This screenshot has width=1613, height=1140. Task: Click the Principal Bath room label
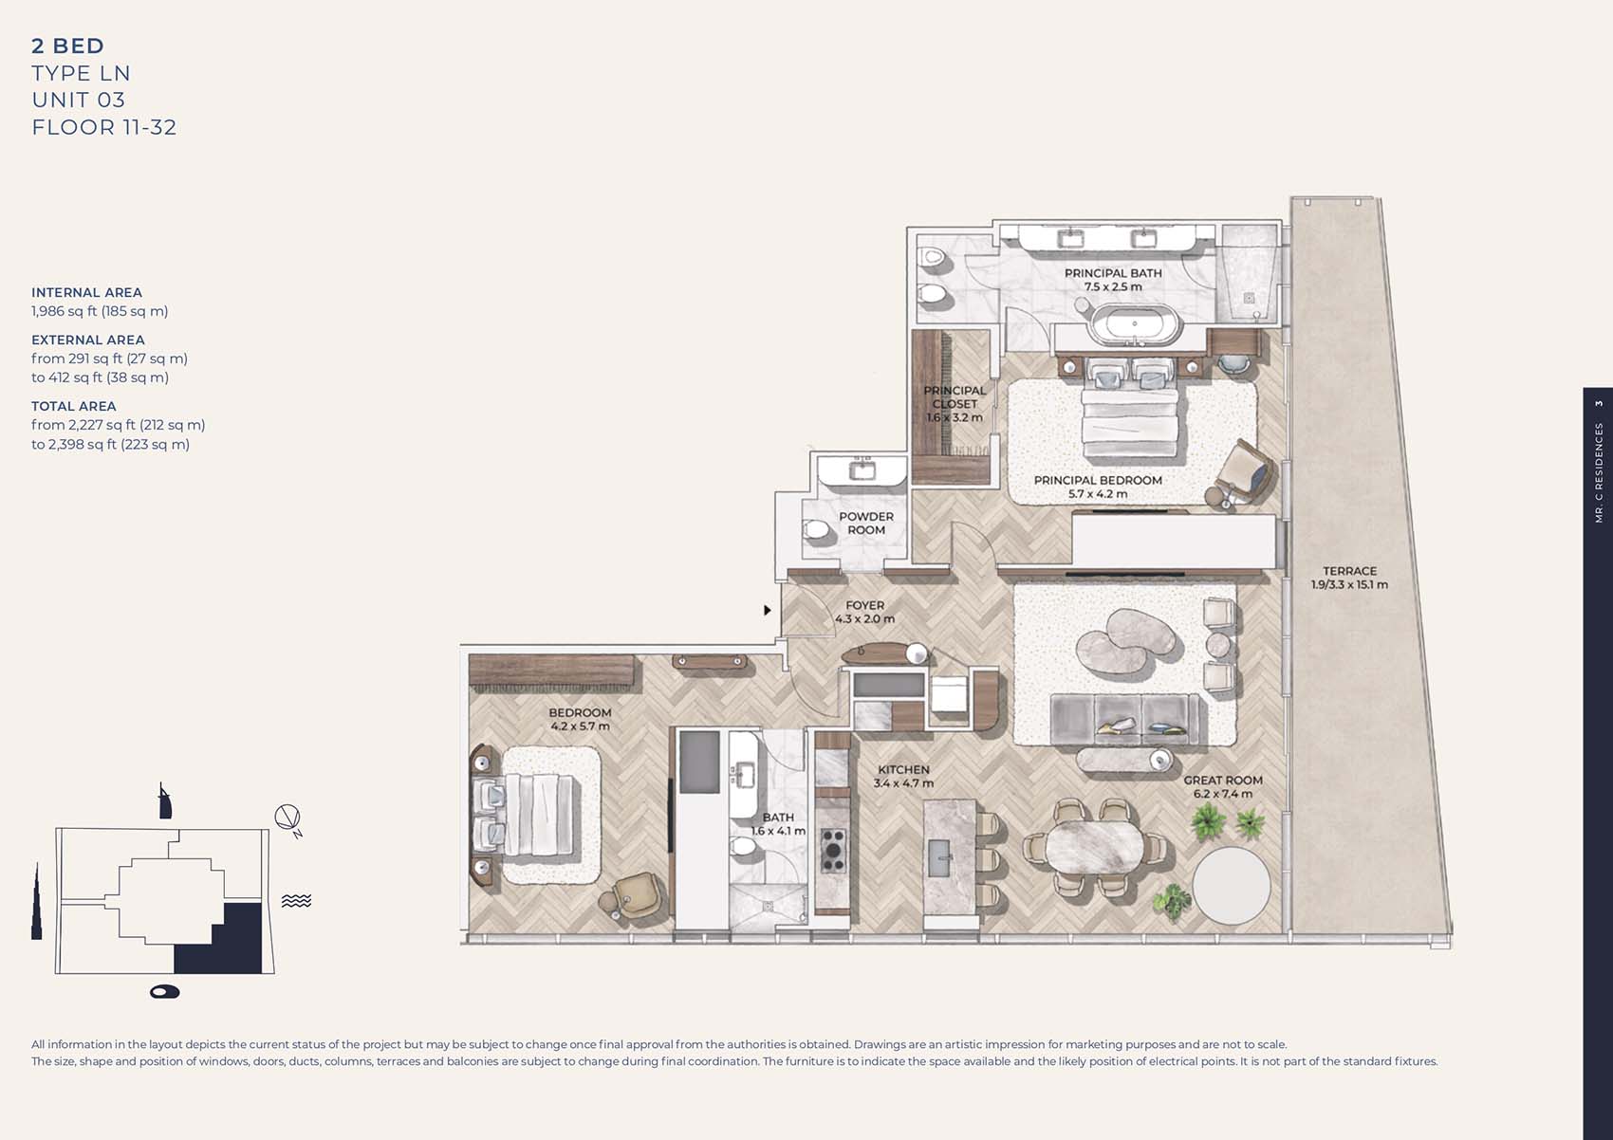coord(1113,273)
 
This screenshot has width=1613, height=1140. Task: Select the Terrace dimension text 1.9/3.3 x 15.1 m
coord(1349,585)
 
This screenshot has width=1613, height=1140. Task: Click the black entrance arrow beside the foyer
coord(768,610)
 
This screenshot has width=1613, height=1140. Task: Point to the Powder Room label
coord(865,524)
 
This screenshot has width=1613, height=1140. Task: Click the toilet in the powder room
coord(817,529)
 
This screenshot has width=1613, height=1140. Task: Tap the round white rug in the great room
coord(1231,885)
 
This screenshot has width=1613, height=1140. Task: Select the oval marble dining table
coord(1090,845)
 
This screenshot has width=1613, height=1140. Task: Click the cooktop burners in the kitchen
coord(833,850)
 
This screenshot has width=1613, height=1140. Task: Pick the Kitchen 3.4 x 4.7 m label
coord(903,777)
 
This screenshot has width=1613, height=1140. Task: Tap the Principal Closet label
coord(955,403)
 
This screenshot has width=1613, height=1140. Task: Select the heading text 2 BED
coord(67,46)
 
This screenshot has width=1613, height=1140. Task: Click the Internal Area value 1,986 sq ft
coord(100,311)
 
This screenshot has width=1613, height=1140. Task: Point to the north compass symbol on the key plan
coord(288,818)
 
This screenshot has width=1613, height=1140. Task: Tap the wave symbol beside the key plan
coord(296,900)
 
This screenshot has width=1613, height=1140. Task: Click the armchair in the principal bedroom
coord(1245,471)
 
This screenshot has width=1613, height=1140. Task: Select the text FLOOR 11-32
coord(104,127)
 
